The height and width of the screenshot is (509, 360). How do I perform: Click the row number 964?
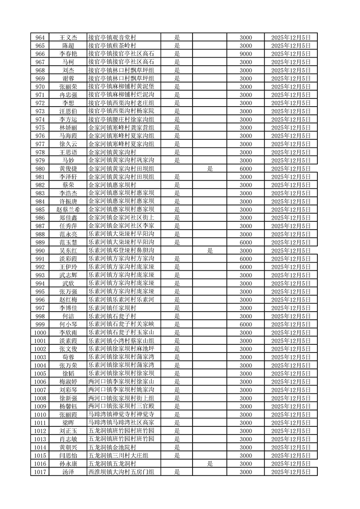40,38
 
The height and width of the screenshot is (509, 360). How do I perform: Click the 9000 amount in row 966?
246,54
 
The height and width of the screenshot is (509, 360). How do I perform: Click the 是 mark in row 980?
210,169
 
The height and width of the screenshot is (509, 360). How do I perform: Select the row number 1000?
40,333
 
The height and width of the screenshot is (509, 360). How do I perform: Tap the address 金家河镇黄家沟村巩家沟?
121,161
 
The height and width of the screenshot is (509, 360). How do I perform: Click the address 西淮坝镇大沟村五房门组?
121,472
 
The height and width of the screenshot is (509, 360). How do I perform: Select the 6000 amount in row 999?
246,324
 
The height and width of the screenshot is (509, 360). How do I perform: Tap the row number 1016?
40,464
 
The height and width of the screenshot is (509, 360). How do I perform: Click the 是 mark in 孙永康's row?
210,464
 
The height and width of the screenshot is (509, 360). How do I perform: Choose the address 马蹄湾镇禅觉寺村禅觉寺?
121,415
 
